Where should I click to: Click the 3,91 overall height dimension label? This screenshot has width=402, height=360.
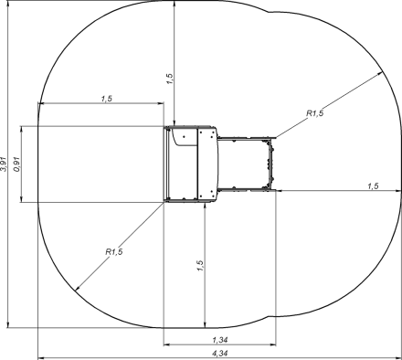click(x=4, y=164)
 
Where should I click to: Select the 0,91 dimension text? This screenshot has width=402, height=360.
click(x=16, y=164)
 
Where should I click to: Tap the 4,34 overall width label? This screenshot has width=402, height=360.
click(x=220, y=354)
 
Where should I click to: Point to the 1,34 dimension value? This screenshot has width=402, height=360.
click(x=220, y=340)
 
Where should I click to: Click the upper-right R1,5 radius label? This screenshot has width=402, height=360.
click(x=315, y=113)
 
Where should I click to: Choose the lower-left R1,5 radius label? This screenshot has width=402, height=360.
click(x=114, y=251)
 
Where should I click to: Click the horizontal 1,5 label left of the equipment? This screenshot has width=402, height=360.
click(x=107, y=99)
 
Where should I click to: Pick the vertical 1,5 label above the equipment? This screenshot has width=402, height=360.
click(x=170, y=79)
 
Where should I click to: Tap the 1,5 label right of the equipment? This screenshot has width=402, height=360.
click(x=373, y=185)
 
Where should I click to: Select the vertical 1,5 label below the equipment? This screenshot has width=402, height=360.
click(x=200, y=266)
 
